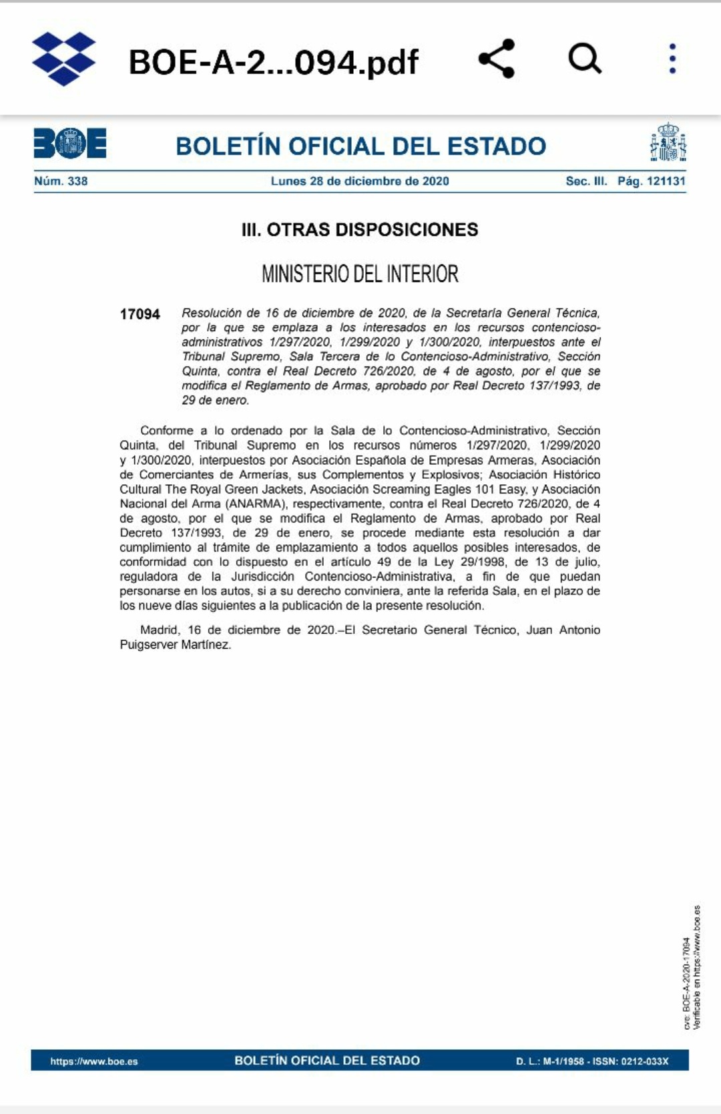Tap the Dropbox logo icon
click(64, 59)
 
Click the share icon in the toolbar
click(497, 59)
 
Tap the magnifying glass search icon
click(585, 59)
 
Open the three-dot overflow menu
click(672, 59)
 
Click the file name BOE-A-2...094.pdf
click(273, 62)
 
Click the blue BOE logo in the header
click(70, 143)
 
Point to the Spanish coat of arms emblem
click(668, 142)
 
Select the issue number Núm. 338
click(61, 181)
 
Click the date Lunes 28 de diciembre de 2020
click(360, 181)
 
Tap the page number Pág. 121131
click(652, 181)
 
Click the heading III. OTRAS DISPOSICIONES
click(360, 230)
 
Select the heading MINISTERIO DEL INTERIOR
click(360, 274)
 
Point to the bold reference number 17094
click(140, 314)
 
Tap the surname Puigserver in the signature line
click(149, 644)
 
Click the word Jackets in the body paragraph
click(282, 490)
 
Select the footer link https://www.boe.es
click(94, 1061)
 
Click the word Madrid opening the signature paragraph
click(159, 630)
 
